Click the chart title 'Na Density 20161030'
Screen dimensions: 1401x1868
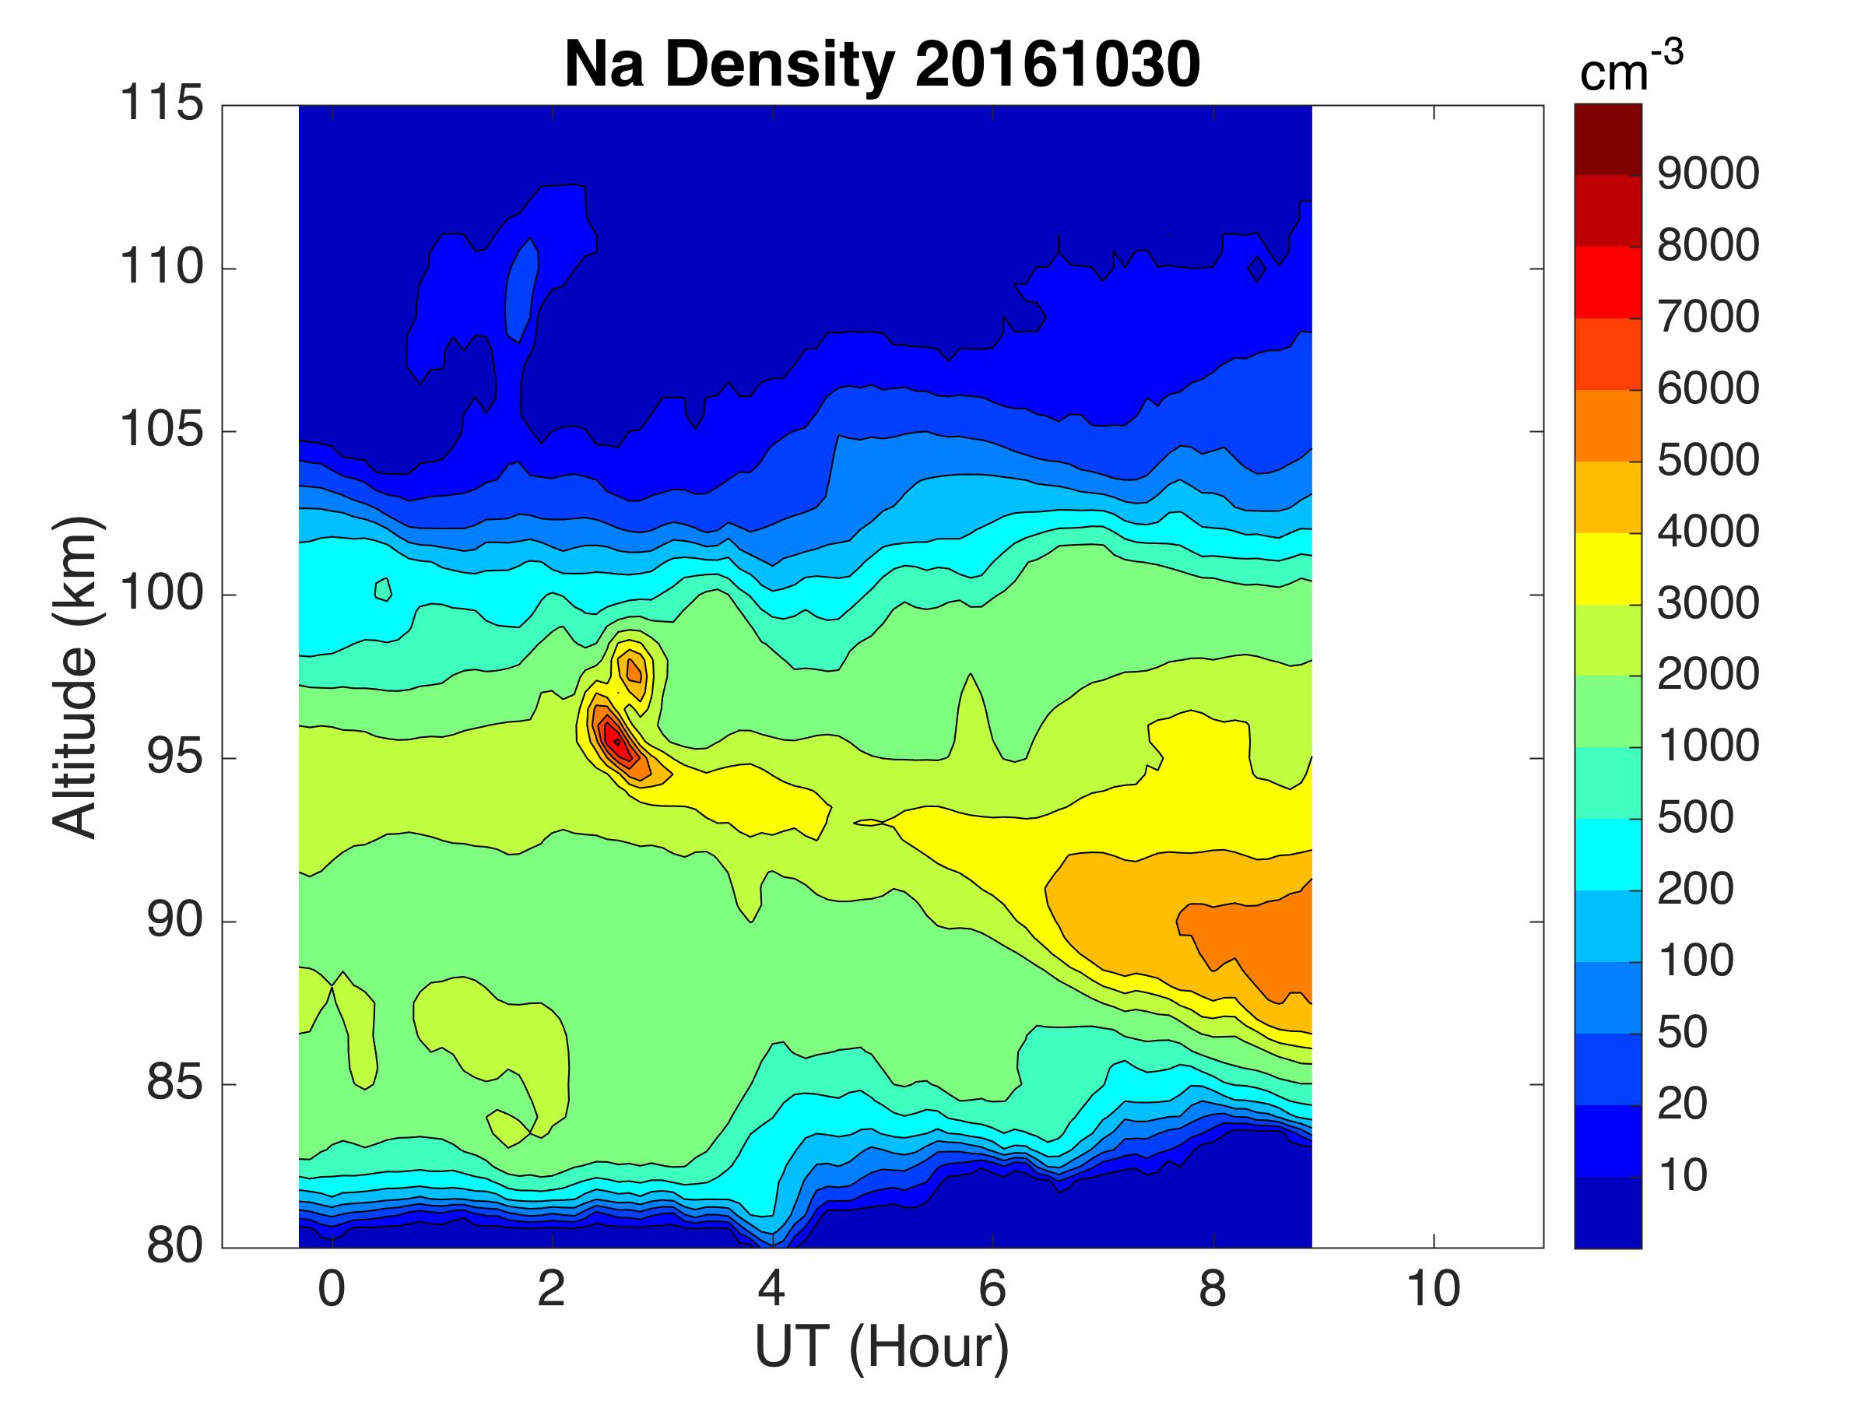(x=882, y=65)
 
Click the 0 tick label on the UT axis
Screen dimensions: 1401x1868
(x=332, y=1290)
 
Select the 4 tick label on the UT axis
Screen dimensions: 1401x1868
(x=772, y=1290)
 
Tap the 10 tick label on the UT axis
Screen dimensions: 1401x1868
(x=1433, y=1290)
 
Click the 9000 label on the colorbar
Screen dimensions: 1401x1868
(x=1708, y=174)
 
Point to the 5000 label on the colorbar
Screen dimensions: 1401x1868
(x=1708, y=460)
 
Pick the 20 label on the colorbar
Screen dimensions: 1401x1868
(x=1682, y=1104)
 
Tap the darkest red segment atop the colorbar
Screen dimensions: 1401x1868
(x=1608, y=139)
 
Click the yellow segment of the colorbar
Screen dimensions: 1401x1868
(x=1608, y=568)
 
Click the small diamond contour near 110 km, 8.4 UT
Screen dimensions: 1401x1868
(x=1258, y=269)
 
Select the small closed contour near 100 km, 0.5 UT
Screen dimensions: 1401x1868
(x=384, y=588)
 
